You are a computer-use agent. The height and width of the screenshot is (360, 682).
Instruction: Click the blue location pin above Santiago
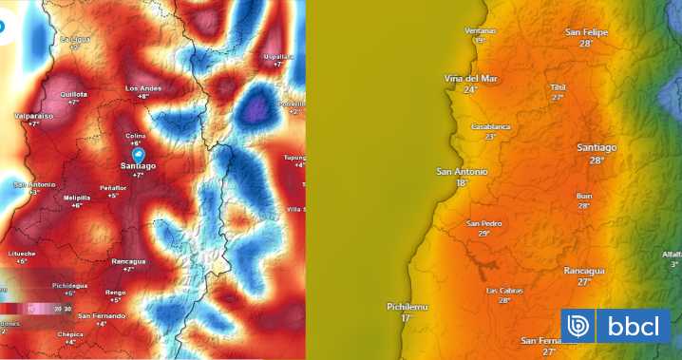pos(138,153)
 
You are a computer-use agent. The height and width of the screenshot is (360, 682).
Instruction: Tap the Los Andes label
pos(143,88)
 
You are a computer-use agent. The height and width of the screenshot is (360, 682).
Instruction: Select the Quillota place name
pos(74,94)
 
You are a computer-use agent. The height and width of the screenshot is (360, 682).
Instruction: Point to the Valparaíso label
pos(33,115)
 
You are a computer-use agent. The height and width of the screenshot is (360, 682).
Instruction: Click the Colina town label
pos(136,136)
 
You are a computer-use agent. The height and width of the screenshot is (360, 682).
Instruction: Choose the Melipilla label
pos(76,198)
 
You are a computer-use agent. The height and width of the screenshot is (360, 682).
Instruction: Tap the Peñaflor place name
pos(113,188)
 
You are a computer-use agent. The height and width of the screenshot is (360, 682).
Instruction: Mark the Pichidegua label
pos(69,285)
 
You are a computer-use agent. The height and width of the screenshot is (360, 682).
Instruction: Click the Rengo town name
pos(115,292)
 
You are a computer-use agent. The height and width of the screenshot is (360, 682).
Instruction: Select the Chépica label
pos(69,334)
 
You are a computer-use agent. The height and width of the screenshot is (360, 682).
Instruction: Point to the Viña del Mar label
pos(470,78)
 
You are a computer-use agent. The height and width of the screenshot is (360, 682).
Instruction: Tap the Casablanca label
pos(491,126)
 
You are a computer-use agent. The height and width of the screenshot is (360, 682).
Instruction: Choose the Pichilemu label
pos(407,307)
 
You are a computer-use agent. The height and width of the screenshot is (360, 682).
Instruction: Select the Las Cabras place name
pos(504,290)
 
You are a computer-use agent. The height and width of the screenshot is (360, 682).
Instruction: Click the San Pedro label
pos(484,223)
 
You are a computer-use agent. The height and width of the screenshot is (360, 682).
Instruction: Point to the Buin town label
pos(584,196)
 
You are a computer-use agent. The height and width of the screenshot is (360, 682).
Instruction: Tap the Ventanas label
pos(481,30)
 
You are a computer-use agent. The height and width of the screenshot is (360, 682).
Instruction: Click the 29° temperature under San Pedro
pos(484,234)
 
